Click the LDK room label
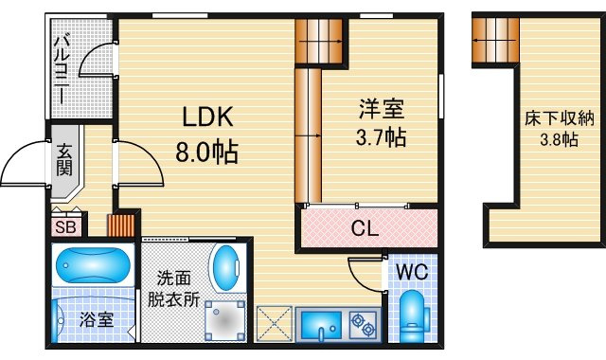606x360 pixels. coord(207,117)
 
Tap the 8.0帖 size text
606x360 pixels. coord(206,152)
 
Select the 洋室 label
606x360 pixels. coord(382,109)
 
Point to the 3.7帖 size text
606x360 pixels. coord(381,137)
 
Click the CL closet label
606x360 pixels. coord(365,228)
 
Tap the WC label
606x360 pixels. coord(413,272)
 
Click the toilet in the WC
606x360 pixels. coord(413,316)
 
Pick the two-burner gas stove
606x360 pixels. coord(364,324)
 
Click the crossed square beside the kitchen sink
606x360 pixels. coord(275,324)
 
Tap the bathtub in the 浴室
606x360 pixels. coord(93,265)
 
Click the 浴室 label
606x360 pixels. coord(97,320)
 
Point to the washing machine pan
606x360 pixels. coord(225,320)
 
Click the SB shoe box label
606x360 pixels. coord(65,227)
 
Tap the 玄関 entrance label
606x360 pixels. coord(64,160)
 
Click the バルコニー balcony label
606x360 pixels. coord(62,69)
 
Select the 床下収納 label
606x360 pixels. coord(560,119)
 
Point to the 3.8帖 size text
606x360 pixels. coord(559,139)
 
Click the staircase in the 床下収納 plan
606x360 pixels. coord(495,40)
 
